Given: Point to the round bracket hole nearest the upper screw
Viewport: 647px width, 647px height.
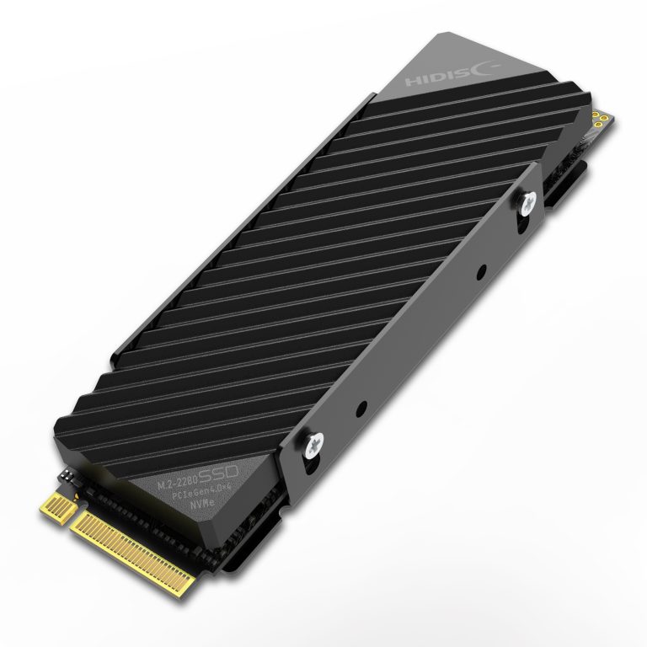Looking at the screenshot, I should click(x=479, y=274).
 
